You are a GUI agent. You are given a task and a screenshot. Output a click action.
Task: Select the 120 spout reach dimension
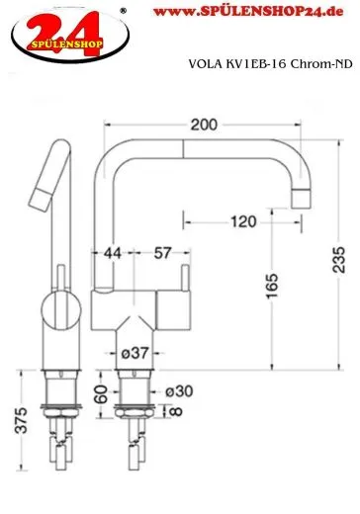(241, 222)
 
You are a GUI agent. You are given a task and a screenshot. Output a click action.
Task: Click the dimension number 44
(113, 254)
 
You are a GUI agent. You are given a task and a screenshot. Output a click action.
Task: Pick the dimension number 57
(160, 254)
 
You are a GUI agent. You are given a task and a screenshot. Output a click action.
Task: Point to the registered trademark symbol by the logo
(123, 11)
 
